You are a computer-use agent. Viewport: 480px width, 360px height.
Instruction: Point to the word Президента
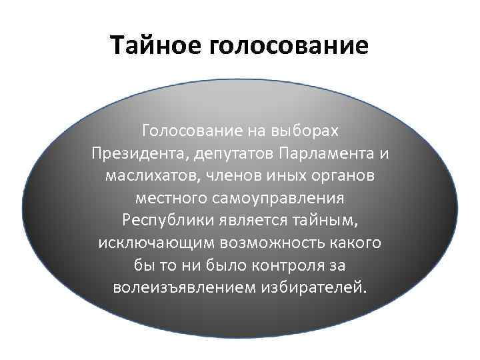[x=138, y=154]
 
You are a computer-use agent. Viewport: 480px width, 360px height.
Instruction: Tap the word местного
[x=171, y=199]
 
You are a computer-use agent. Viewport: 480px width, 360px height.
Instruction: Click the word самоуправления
[x=280, y=199]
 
